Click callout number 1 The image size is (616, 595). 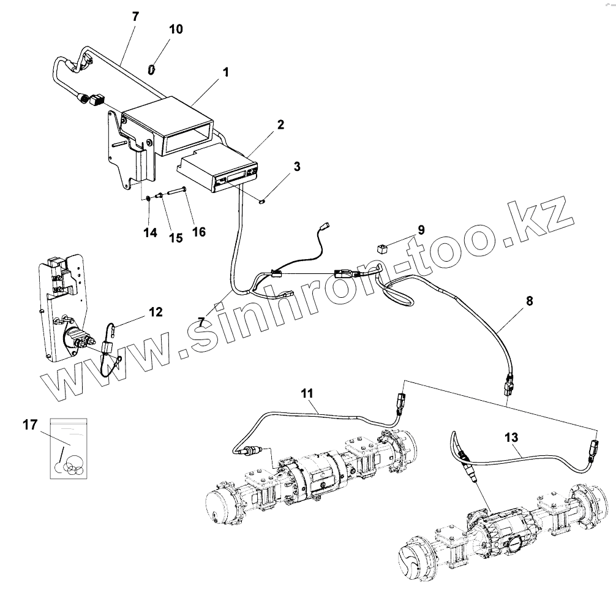[225, 72]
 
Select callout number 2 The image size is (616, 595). [280, 125]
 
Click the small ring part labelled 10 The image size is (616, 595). [151, 69]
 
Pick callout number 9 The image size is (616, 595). [421, 230]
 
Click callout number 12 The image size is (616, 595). [155, 313]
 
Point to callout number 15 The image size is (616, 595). [176, 238]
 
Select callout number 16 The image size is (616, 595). [198, 232]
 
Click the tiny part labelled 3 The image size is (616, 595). [262, 200]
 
